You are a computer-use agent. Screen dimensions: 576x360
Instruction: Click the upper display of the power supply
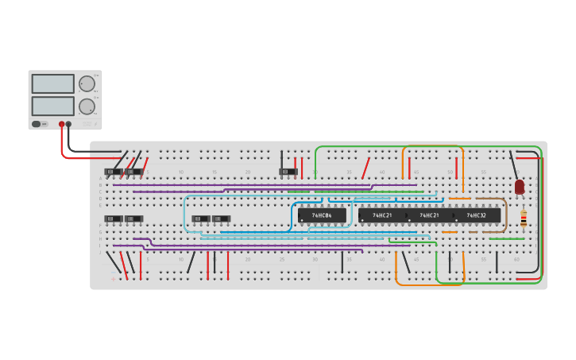pyautogui.click(x=53, y=83)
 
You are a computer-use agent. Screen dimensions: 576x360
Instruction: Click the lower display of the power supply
pyautogui.click(x=53, y=106)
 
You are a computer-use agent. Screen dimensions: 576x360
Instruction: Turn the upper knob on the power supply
pyautogui.click(x=87, y=84)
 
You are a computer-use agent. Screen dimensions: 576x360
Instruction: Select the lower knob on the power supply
pyautogui.click(x=87, y=106)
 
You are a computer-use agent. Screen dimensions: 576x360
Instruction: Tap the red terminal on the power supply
pyautogui.click(x=61, y=125)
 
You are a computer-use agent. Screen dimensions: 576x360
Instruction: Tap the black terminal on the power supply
pyautogui.click(x=68, y=125)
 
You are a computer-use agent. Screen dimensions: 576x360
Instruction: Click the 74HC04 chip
pyautogui.click(x=322, y=215)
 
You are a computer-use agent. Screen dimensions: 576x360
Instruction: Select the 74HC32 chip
pyautogui.click(x=477, y=215)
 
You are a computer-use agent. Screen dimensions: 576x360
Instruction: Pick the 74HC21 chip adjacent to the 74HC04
pyautogui.click(x=382, y=215)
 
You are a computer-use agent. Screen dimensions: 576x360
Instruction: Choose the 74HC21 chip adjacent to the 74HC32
pyautogui.click(x=430, y=215)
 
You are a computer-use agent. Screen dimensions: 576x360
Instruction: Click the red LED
pyautogui.click(x=520, y=187)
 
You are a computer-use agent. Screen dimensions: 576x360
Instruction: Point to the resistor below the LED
pyautogui.click(x=524, y=219)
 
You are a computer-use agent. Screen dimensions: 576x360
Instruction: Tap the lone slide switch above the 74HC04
pyautogui.click(x=288, y=172)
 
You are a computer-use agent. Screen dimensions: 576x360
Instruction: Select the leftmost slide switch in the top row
pyautogui.click(x=114, y=172)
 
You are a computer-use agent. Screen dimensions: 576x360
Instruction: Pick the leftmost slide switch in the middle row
pyautogui.click(x=114, y=219)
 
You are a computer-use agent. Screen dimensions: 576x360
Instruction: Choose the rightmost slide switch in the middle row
pyautogui.click(x=221, y=219)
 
